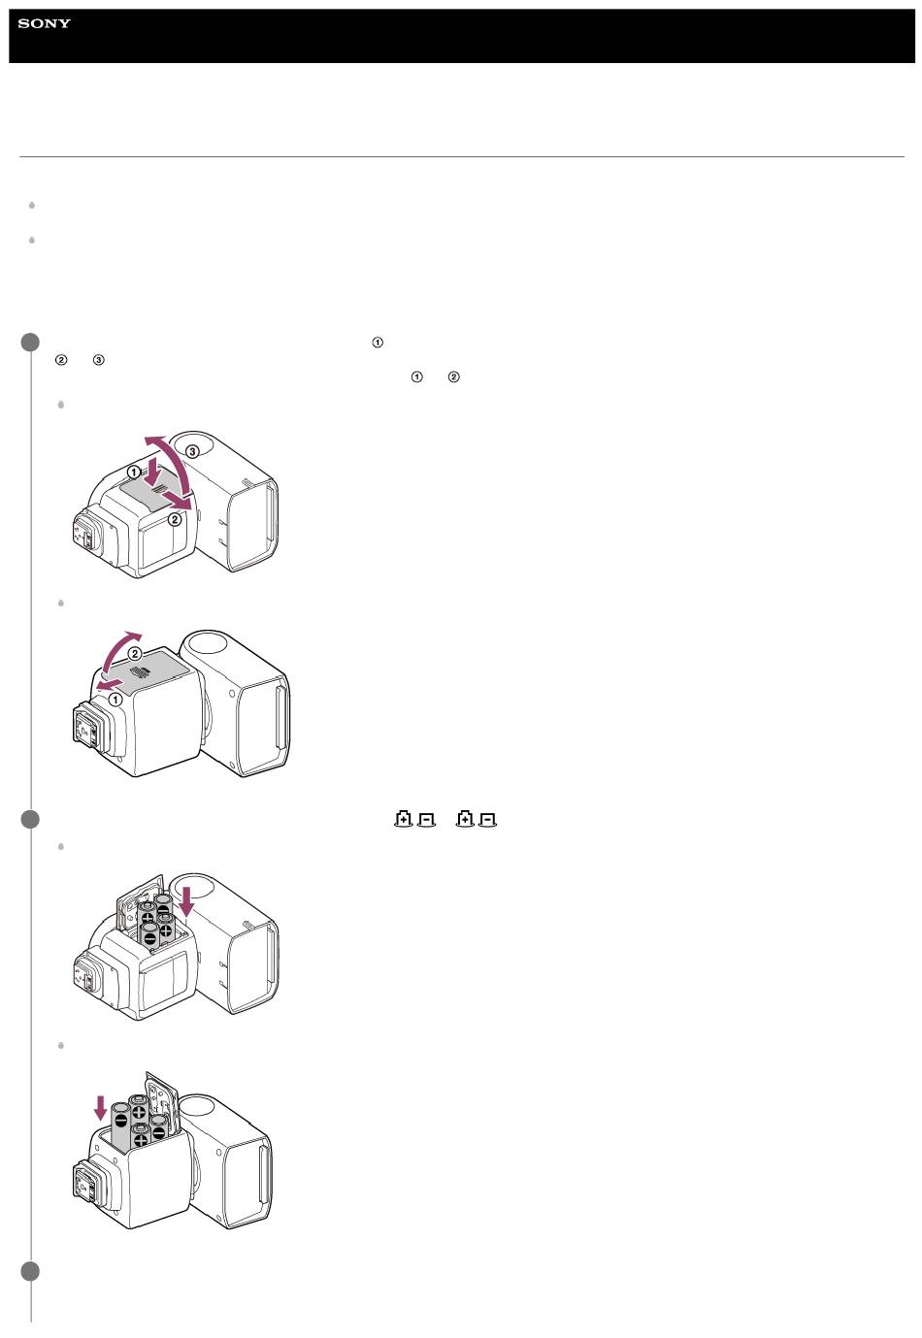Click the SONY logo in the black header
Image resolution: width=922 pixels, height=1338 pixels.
pyautogui.click(x=45, y=23)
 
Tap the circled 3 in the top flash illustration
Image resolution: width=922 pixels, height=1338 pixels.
pyautogui.click(x=192, y=451)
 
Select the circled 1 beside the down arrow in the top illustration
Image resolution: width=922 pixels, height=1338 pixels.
pyautogui.click(x=134, y=472)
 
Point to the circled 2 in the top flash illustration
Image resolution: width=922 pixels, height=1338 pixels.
pyautogui.click(x=175, y=520)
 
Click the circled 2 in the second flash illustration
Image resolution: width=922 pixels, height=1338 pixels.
pyautogui.click(x=136, y=653)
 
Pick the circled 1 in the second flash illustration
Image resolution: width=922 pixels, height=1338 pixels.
pyautogui.click(x=115, y=699)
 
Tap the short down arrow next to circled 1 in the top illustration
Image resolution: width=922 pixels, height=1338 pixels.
pyautogui.click(x=153, y=472)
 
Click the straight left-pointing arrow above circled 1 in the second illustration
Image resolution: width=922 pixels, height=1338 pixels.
pyautogui.click(x=113, y=683)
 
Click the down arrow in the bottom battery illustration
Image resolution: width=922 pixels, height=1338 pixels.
pyautogui.click(x=101, y=1107)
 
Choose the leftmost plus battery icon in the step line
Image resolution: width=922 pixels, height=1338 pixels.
pyautogui.click(x=404, y=819)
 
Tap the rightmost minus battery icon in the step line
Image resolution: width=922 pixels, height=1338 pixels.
pyautogui.click(x=487, y=820)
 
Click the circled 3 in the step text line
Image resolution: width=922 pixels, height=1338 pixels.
pyautogui.click(x=99, y=360)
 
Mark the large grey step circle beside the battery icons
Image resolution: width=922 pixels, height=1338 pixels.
pyautogui.click(x=30, y=819)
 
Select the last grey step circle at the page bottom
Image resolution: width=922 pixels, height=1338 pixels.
pyautogui.click(x=30, y=1271)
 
